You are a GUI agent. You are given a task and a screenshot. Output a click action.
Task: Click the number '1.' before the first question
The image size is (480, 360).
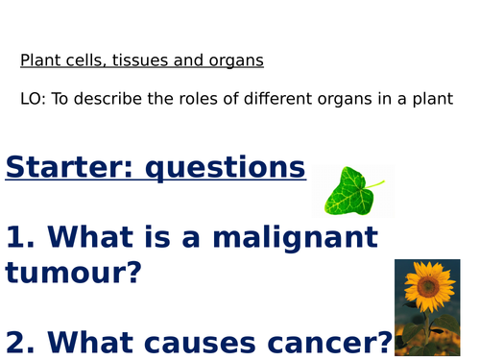(20, 236)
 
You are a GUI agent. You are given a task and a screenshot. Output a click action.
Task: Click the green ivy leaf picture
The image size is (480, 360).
(348, 191)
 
